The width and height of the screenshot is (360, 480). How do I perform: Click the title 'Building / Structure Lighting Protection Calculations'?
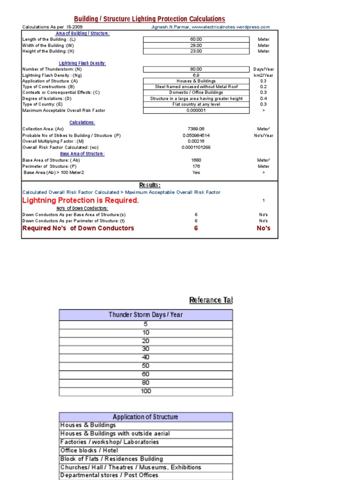tap(150, 19)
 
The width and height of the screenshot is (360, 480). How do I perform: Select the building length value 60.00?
tap(196, 39)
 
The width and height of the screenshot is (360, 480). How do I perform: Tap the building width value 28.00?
tap(196, 45)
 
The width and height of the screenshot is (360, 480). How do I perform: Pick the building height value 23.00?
tap(196, 51)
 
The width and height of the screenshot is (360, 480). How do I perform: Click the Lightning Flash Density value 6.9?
tap(196, 75)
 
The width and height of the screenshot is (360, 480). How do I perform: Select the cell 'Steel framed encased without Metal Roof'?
tap(196, 87)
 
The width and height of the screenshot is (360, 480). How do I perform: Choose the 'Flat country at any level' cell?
tap(196, 105)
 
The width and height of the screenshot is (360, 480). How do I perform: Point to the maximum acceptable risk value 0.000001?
tap(196, 111)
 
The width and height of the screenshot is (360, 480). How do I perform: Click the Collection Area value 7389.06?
tap(196, 129)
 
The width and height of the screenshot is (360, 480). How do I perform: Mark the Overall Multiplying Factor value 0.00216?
tap(196, 141)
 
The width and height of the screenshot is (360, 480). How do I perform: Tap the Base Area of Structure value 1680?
tap(196, 160)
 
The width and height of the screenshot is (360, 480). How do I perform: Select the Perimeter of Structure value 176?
tap(196, 166)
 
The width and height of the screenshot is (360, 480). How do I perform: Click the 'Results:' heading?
tap(150, 185)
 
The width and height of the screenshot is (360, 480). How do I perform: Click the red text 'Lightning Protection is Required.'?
tap(81, 200)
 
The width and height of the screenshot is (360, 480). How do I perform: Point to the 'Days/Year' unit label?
tap(263, 69)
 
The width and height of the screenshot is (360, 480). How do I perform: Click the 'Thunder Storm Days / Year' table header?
tap(145, 315)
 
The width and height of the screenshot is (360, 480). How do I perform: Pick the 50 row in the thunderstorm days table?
tap(146, 366)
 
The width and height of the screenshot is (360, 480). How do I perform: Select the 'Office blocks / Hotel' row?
tap(89, 450)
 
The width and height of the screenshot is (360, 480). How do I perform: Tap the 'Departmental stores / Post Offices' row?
tap(109, 475)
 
